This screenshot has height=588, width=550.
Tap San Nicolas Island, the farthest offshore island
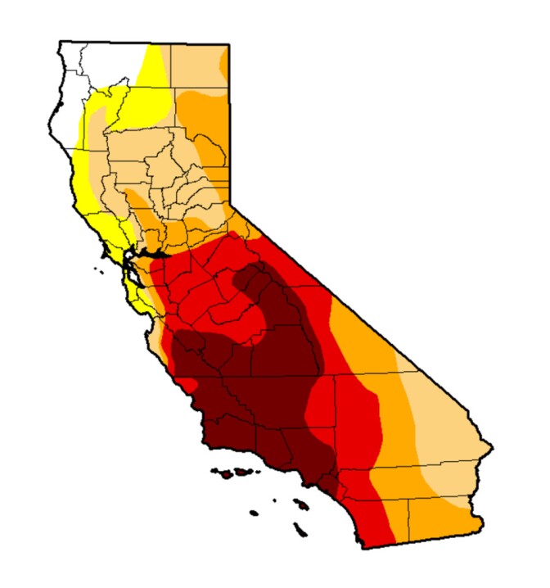(253, 513)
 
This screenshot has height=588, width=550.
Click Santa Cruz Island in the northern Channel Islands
(240, 473)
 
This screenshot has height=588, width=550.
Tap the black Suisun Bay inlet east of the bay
(156, 255)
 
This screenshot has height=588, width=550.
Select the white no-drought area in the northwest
(94, 66)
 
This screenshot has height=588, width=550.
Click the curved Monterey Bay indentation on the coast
(150, 325)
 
